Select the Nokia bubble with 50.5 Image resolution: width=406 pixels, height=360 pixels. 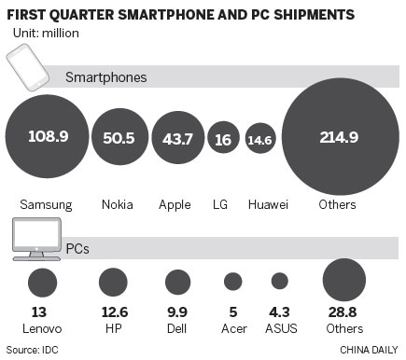coord(119,137)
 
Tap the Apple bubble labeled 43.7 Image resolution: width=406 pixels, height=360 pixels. coord(177,137)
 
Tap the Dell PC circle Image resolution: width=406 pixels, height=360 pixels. coord(176,281)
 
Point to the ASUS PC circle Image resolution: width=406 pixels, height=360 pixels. coord(279,281)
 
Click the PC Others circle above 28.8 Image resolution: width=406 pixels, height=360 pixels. coord(343,279)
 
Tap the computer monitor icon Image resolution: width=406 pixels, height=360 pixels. coord(36,239)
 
